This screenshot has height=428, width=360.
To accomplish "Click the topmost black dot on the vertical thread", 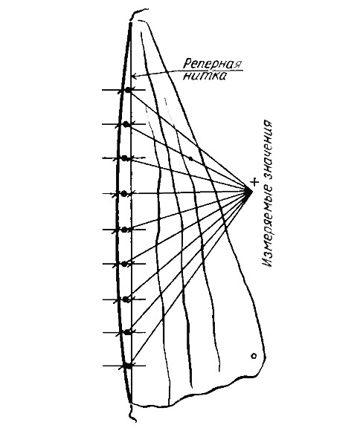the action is [128, 89].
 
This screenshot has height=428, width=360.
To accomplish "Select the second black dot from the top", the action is [126, 125].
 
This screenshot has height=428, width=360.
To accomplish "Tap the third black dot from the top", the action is [124, 158].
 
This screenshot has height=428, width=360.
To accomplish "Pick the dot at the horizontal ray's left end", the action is [124, 193].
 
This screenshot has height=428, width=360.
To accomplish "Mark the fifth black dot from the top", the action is [124, 230].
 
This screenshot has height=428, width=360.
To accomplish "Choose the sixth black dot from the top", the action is [124, 264].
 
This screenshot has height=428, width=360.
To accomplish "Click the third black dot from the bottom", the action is [126, 299].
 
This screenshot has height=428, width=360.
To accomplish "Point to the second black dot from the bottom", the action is [126, 332].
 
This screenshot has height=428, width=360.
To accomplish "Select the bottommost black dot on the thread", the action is [127, 366].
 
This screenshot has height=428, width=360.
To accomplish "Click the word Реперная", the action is [212, 64].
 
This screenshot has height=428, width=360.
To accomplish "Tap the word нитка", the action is [205, 76].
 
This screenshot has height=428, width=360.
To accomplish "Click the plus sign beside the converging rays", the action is [254, 182].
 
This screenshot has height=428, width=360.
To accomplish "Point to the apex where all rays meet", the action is [249, 192].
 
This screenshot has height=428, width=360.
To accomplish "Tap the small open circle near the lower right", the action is [254, 356].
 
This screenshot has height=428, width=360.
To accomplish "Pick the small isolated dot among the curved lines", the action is [190, 158].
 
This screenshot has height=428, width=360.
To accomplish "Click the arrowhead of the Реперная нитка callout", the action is [135, 76].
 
